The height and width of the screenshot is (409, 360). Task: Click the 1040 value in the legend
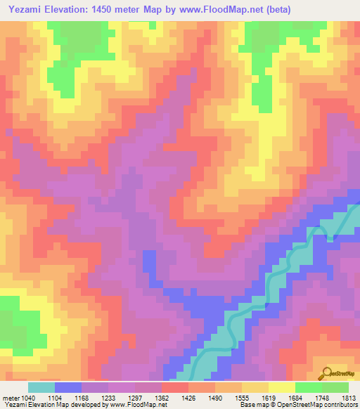coord(22,397)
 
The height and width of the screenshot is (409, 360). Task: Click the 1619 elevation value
coord(267,397)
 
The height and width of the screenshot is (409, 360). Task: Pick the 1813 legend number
coord(349,397)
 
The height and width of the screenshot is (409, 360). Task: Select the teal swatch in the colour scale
coord(41,387)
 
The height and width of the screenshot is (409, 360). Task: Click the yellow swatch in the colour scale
coord(281,387)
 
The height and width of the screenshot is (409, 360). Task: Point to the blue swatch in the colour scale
coord(67,387)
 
